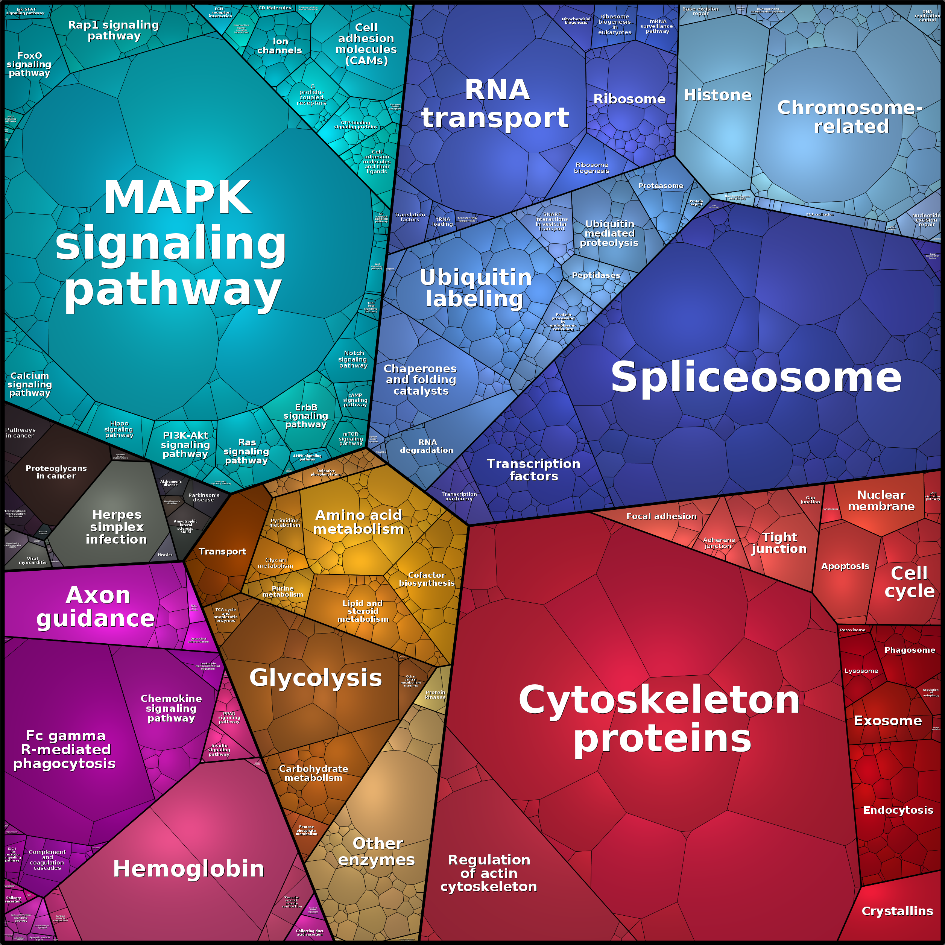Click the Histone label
(717, 95)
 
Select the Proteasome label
(660, 186)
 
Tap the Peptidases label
(596, 275)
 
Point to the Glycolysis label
(316, 678)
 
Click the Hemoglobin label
(188, 869)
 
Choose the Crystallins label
(897, 911)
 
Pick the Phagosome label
(909, 650)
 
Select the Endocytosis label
(898, 810)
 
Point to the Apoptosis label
(845, 567)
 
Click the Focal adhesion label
(661, 516)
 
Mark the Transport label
(222, 552)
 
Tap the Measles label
(165, 555)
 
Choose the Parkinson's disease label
(204, 497)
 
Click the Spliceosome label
(756, 377)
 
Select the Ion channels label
(280, 46)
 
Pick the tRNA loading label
(443, 222)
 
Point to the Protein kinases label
(435, 694)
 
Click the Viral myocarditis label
(32, 561)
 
